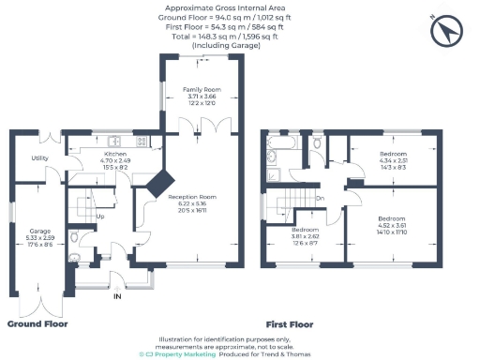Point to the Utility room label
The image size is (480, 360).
coord(39,158)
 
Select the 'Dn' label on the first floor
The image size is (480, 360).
coord(320,198)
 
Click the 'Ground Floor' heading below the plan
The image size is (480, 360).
coord(37,323)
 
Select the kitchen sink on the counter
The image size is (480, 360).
coord(143,142)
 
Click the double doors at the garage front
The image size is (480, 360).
coord(38,298)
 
